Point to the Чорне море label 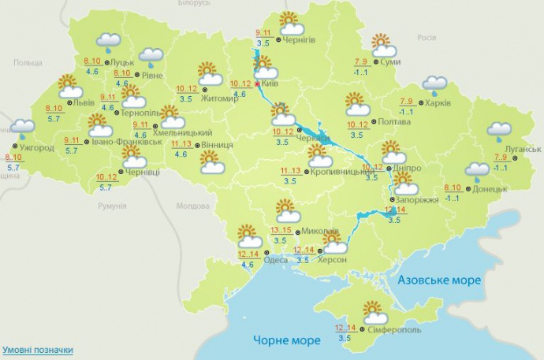tap(287, 340)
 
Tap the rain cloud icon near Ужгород tap(22, 128)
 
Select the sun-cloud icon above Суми tap(382, 44)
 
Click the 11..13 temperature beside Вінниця tap(181, 144)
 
